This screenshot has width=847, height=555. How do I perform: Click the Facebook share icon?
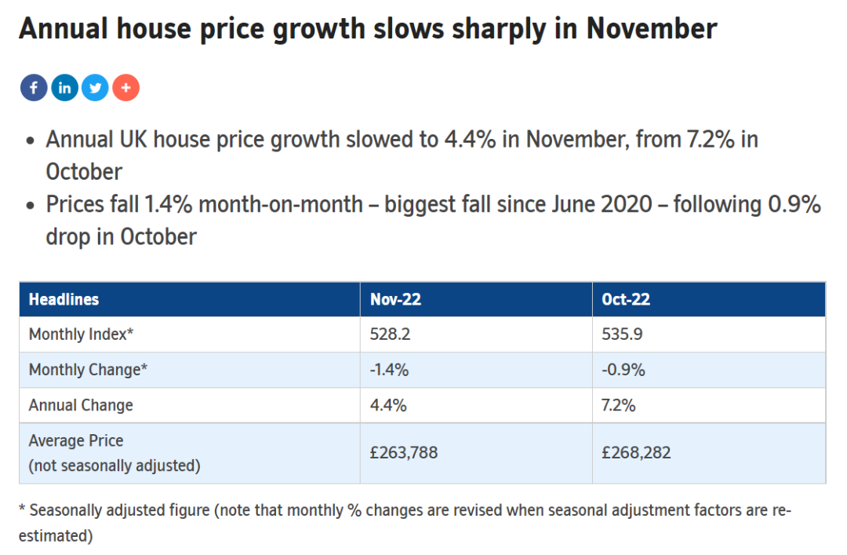tap(34, 88)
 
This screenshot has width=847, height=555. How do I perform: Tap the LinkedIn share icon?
tap(65, 88)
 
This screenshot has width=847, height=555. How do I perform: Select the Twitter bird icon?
tap(95, 88)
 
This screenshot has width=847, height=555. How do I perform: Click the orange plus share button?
tap(125, 88)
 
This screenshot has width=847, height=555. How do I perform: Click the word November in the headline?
tap(652, 29)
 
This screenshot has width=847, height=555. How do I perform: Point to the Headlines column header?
tap(64, 299)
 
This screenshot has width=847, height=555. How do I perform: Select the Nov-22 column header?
tap(395, 299)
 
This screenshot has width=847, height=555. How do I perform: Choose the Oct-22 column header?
tap(626, 299)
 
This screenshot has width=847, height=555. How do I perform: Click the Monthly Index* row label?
tap(81, 334)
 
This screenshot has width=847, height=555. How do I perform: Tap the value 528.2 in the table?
tap(390, 334)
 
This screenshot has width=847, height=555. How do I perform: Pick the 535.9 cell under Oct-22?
tap(622, 334)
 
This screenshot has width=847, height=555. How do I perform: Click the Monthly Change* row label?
tap(88, 370)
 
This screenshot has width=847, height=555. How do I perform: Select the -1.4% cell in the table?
tap(389, 370)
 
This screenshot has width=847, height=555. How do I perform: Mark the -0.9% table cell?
tap(623, 370)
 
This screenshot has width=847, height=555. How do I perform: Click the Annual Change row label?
tap(81, 405)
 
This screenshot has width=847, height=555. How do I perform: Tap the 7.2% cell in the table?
tap(619, 405)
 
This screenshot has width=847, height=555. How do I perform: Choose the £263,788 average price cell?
tap(404, 452)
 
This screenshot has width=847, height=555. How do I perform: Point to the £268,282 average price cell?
tap(636, 452)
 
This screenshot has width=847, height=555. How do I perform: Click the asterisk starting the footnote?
tap(22, 508)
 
